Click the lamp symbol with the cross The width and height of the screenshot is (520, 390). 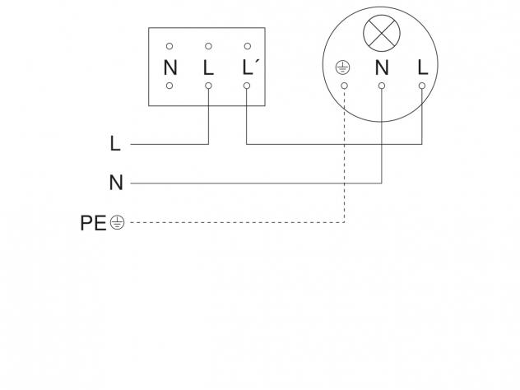click(382, 33)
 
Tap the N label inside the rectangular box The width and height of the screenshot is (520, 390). click(170, 67)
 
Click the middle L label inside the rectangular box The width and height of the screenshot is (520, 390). click(208, 67)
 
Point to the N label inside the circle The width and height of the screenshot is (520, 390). click(382, 67)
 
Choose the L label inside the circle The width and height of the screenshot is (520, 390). click(423, 67)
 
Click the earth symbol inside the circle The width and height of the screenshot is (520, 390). click(342, 67)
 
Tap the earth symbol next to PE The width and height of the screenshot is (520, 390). click(118, 222)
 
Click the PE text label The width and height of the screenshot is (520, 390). click(93, 223)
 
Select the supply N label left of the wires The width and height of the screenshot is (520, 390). click(116, 183)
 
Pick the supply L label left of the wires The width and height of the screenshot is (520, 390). click(115, 144)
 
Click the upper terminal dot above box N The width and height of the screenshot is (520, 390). click(169, 46)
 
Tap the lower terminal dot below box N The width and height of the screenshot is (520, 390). click(169, 86)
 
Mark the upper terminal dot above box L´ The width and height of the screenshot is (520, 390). click(248, 46)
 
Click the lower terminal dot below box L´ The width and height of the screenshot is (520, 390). click(247, 86)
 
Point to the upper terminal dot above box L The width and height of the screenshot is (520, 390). click(208, 46)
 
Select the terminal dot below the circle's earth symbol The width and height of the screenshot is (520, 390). click(344, 86)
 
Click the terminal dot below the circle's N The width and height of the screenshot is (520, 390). click(382, 86)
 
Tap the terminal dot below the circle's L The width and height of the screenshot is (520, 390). click(422, 86)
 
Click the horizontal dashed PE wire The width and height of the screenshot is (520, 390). click(238, 222)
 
